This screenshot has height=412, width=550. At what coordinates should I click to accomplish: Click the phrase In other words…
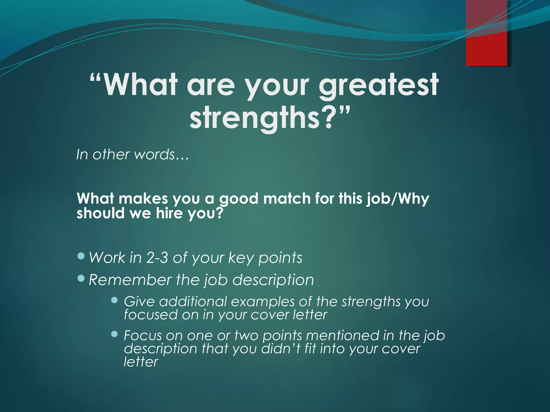[x=133, y=155]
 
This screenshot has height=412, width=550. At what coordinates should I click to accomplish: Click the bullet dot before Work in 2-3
[x=81, y=256]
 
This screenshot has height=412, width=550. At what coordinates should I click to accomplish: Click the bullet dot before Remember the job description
[x=81, y=279]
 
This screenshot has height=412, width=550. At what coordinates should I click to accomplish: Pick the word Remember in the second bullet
[x=130, y=280]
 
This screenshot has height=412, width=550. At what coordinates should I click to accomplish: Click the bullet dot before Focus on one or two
[x=114, y=334]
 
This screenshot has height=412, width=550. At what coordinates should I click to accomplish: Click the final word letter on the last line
[x=141, y=362]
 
